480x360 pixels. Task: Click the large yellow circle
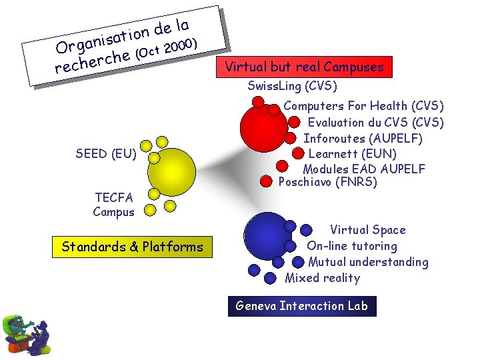(x=171, y=172)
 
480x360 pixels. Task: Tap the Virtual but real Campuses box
(x=304, y=67)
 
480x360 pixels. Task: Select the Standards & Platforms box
(x=132, y=247)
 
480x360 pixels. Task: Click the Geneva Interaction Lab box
(x=302, y=306)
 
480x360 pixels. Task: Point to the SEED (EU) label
(x=106, y=154)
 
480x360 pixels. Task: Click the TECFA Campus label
(x=114, y=205)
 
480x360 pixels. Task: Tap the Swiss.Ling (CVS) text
(x=292, y=86)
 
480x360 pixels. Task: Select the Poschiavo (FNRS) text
(x=327, y=182)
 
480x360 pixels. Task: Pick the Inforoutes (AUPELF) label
(x=363, y=138)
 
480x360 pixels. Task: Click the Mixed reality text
(x=322, y=278)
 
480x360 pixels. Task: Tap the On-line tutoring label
(x=351, y=246)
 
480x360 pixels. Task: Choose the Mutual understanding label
(x=368, y=262)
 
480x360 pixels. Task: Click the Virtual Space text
(x=367, y=230)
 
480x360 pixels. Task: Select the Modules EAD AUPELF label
(x=363, y=169)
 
